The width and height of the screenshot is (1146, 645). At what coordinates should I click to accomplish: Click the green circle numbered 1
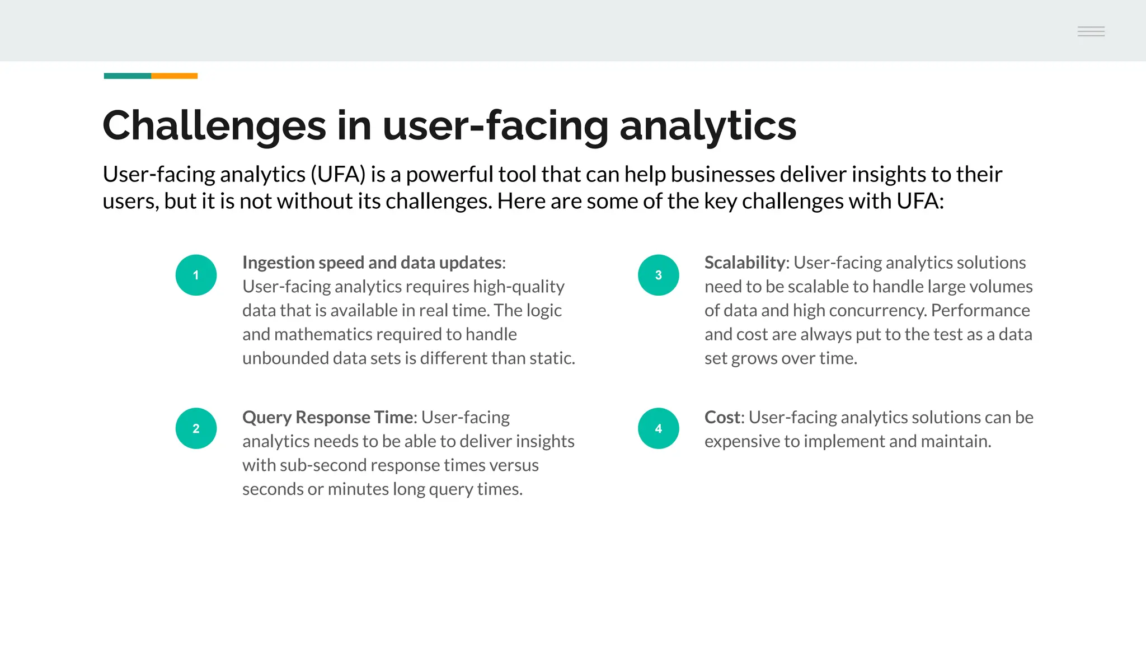[x=196, y=275]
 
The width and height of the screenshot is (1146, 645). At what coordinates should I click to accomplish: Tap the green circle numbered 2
[x=196, y=428]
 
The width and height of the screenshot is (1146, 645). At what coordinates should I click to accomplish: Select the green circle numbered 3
[x=658, y=275]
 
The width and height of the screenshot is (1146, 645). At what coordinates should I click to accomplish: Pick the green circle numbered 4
[x=658, y=428]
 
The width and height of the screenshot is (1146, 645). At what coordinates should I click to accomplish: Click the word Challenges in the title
[x=214, y=125]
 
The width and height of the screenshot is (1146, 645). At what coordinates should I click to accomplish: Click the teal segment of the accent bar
[x=128, y=76]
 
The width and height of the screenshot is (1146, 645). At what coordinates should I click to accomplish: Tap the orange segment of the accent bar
[x=174, y=76]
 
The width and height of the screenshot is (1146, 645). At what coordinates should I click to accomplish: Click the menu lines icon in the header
[x=1091, y=31]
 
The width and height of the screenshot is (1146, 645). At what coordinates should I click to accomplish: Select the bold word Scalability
[x=744, y=263]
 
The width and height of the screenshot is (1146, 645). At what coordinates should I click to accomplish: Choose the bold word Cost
[x=722, y=417]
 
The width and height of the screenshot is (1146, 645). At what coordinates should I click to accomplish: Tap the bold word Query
[x=267, y=417]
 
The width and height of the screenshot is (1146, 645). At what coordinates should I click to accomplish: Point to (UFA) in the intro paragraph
[x=338, y=175]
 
